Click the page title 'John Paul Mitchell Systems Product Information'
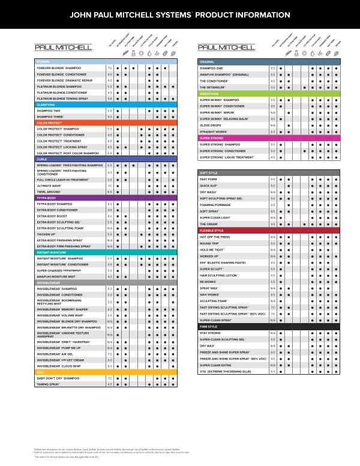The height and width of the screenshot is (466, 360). point(180,14)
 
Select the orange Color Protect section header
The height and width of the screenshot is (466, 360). point(106,123)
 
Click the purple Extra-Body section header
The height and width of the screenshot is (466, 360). point(106,198)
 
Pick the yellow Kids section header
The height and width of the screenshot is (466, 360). point(106,372)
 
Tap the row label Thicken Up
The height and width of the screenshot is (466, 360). point(47,234)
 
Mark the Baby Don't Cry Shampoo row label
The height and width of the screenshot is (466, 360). point(58,378)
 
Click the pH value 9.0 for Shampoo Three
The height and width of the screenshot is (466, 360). point(110,116)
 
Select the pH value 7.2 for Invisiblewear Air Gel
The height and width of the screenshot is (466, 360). point(110,354)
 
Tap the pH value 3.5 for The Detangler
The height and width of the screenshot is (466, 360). point(272,87)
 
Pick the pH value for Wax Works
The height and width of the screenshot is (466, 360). point(272,294)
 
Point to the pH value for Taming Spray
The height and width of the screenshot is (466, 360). point(110,384)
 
